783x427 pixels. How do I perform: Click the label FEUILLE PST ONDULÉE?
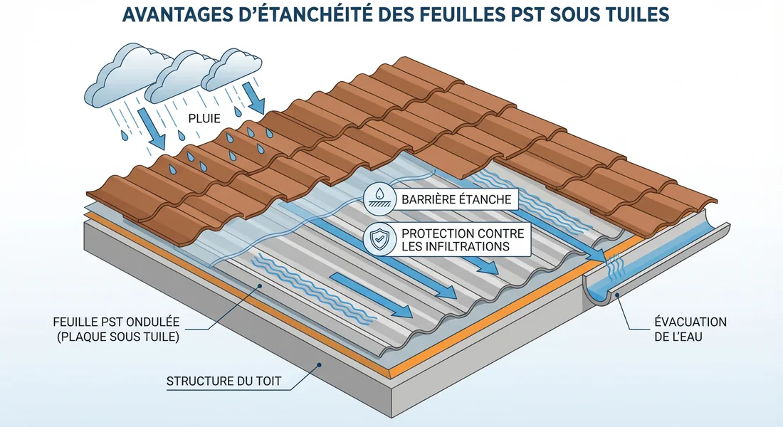pyautogui.click(x=117, y=322)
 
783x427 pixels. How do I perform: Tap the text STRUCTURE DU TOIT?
pyautogui.click(x=224, y=381)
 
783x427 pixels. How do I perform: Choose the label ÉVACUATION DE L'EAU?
pyautogui.click(x=690, y=329)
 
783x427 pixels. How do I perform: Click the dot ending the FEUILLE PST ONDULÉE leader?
pyautogui.click(x=261, y=286)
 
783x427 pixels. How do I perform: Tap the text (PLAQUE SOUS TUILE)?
pyautogui.click(x=117, y=337)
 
